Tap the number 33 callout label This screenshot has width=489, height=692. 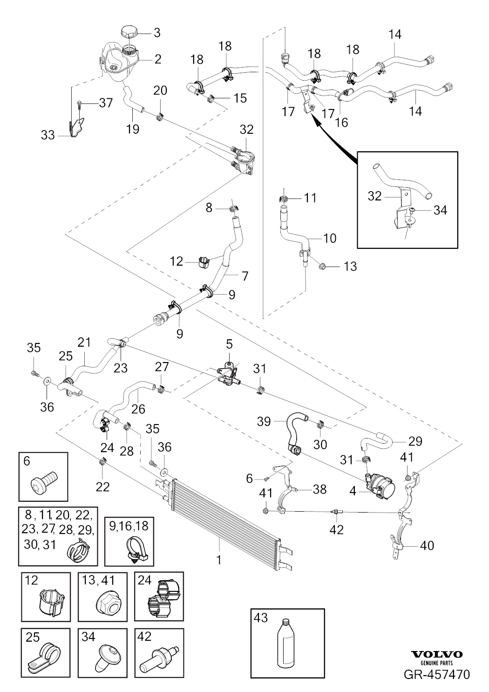click(x=48, y=136)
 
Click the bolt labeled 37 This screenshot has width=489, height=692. click(x=81, y=103)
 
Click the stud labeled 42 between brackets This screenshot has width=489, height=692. click(x=336, y=513)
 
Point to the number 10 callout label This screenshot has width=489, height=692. click(x=329, y=239)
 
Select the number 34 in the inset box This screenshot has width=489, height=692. click(x=440, y=210)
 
